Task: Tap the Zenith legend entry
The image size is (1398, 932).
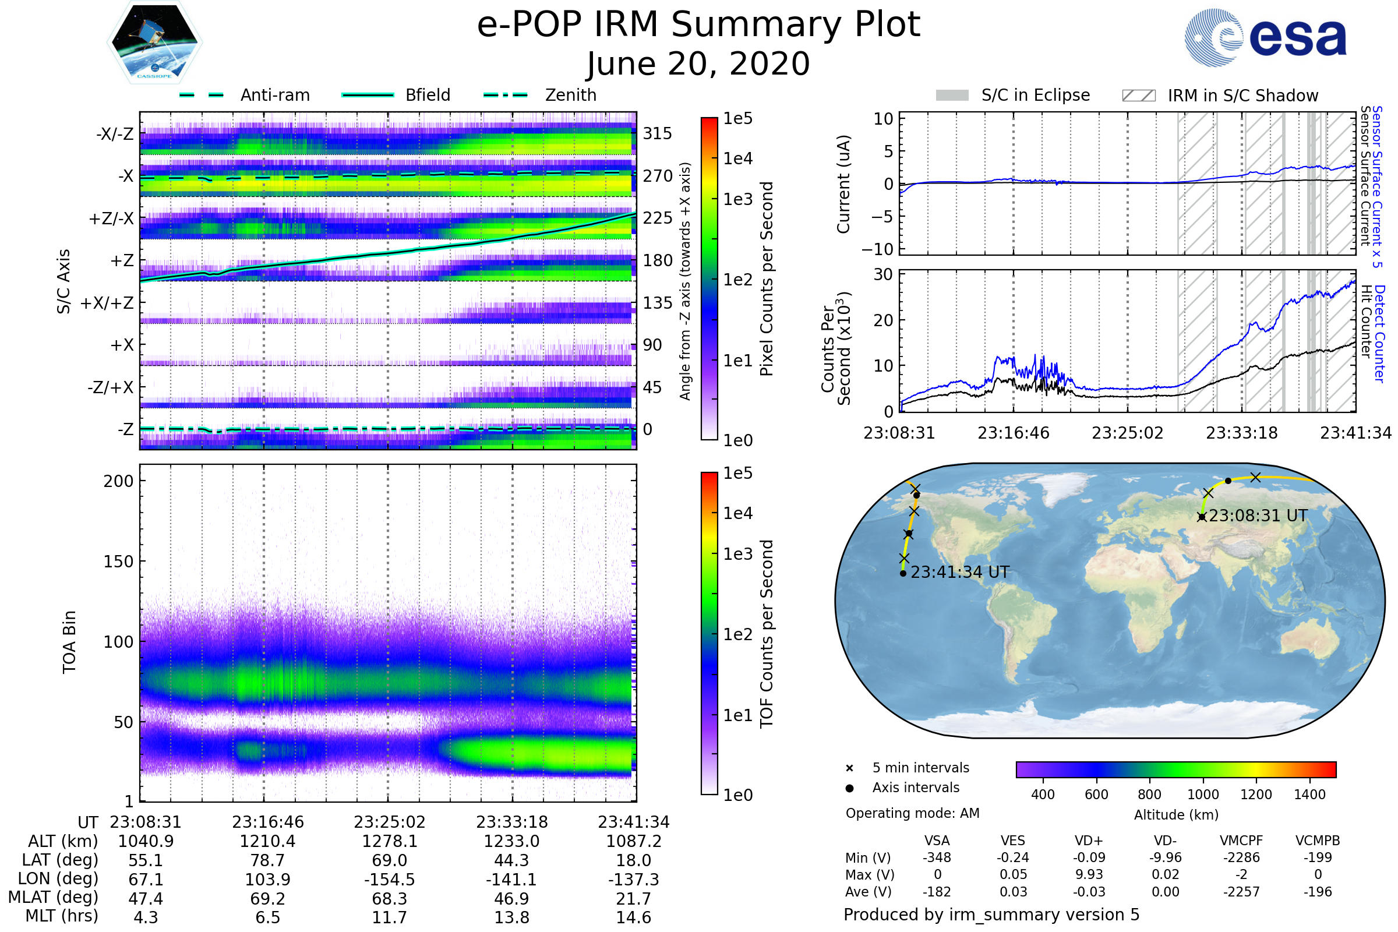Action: point(541,95)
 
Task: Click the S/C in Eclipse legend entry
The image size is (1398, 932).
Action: point(1013,95)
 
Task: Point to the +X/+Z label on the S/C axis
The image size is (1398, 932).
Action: point(107,303)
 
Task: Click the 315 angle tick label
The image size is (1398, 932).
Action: point(658,133)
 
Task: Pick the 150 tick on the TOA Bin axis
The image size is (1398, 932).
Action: point(118,562)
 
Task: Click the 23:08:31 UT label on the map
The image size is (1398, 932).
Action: point(1258,516)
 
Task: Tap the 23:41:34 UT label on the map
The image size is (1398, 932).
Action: point(960,573)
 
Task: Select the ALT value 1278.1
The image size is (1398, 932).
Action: point(389,842)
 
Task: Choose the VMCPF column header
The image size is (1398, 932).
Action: point(1241,841)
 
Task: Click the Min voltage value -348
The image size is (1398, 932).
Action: point(937,857)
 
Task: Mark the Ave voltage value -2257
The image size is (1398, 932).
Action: point(1241,892)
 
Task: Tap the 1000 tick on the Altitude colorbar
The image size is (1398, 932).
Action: point(1203,795)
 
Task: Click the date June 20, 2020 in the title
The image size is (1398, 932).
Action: point(698,63)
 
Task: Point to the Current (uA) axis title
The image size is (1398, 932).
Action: point(843,184)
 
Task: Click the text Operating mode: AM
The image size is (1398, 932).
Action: point(912,813)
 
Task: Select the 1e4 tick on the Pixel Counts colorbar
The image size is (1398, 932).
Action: point(737,158)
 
